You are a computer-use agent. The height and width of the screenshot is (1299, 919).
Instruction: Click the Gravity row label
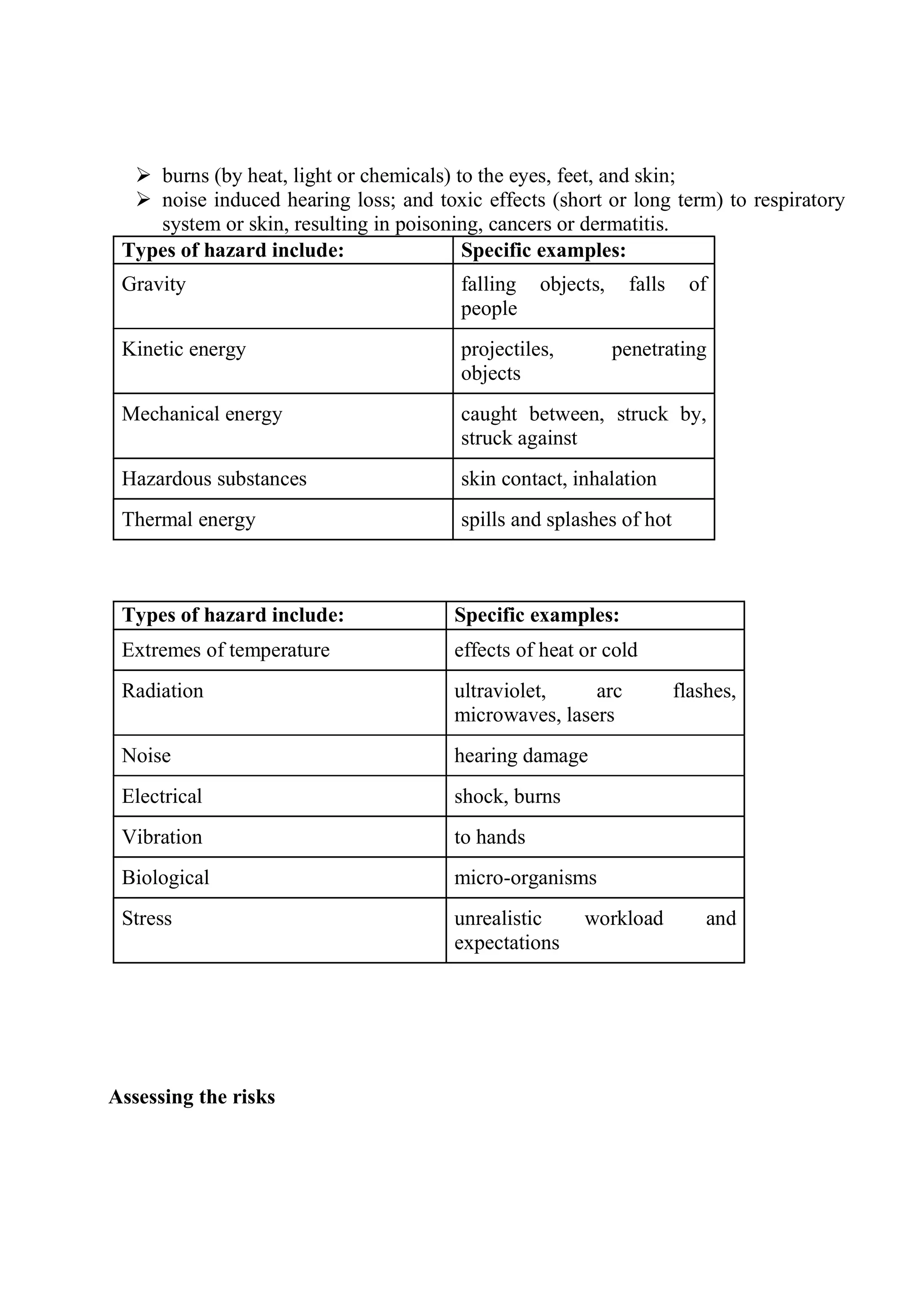(153, 284)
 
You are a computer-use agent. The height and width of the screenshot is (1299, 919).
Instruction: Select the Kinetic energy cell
(184, 349)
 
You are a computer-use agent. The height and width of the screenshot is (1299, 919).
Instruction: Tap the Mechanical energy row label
(201, 414)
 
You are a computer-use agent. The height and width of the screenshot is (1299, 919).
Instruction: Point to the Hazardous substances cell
(214, 479)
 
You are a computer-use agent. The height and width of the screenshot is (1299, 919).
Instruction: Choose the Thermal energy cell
(188, 519)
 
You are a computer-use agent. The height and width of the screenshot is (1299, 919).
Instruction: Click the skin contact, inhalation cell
(559, 479)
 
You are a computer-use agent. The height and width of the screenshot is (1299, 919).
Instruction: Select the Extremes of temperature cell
(225, 650)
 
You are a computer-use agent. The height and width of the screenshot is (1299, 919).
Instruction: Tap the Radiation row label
(162, 691)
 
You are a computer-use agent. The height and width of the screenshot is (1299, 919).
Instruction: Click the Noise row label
(146, 756)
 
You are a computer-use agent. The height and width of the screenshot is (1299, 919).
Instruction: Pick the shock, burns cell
(507, 797)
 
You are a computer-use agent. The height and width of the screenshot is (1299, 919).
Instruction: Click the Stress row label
(147, 918)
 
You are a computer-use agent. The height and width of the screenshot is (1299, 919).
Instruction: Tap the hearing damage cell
(521, 756)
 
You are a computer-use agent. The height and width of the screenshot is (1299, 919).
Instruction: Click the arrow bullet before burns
(143, 175)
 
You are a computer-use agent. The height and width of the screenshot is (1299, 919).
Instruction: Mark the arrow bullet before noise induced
(143, 200)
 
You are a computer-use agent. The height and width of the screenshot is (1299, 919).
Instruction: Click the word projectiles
(507, 349)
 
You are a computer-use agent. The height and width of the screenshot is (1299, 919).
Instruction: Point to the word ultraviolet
(500, 691)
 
